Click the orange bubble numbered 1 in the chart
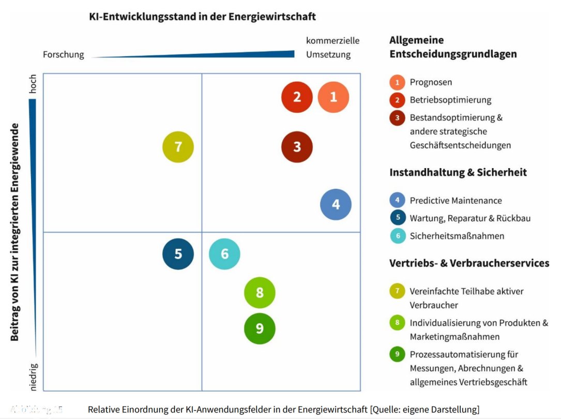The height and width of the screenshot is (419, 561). pos(333,97)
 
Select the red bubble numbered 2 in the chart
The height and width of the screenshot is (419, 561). pos(297,97)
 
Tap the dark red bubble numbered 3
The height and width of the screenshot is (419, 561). pos(297,147)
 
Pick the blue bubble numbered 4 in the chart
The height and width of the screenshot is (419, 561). pos(336,204)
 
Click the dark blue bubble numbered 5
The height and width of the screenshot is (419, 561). pos(178,254)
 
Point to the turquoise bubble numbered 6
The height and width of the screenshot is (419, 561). pos(224,254)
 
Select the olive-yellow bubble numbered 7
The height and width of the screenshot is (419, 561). pos(178,147)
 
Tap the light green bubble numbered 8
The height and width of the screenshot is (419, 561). pos(260,293)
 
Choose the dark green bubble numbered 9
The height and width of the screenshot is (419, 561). pos(260,328)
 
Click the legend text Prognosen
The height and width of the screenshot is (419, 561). pos(431,82)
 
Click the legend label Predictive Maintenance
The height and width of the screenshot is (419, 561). pos(456,200)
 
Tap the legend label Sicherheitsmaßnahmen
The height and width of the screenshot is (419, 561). pos(457,236)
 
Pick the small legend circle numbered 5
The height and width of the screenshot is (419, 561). pos(397,218)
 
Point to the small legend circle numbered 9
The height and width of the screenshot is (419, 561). pos(397,354)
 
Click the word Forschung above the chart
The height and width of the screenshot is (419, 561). pos(63,54)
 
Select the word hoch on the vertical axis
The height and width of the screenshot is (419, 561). pos(33,86)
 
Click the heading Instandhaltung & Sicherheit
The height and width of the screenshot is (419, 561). pos(458,172)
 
